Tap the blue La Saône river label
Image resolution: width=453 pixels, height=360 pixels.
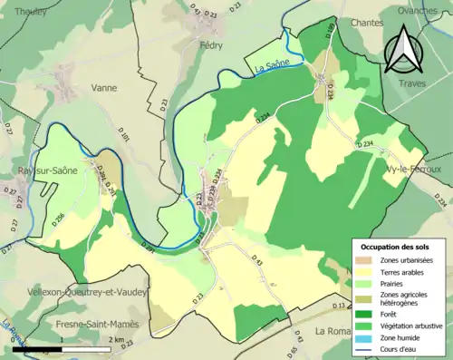pyautogui.click(x=263, y=66)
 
